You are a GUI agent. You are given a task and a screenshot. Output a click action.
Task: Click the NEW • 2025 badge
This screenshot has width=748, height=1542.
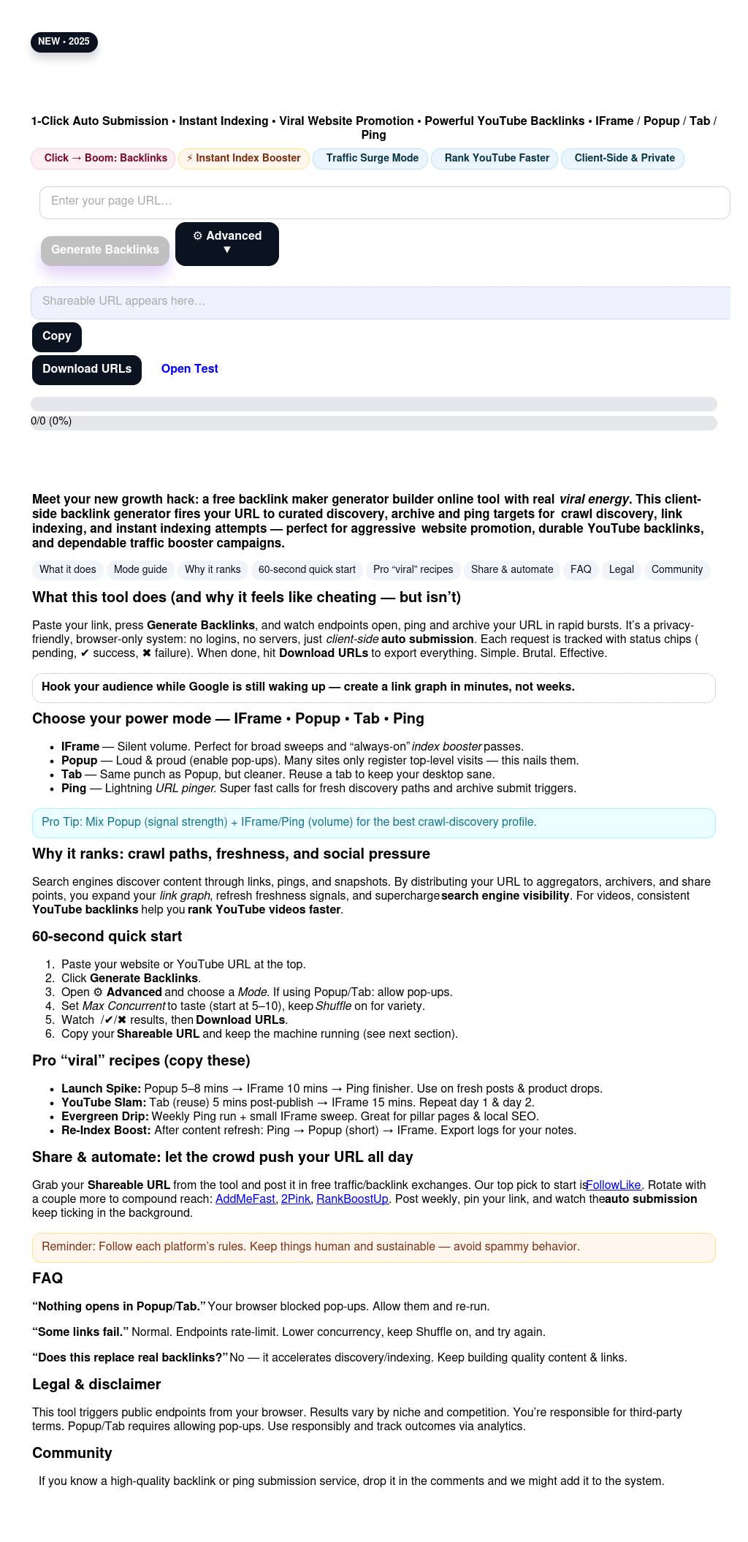click(x=64, y=42)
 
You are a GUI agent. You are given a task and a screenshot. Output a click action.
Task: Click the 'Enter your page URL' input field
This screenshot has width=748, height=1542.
click(x=384, y=202)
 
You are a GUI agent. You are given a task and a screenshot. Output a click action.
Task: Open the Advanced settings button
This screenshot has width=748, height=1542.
click(x=226, y=243)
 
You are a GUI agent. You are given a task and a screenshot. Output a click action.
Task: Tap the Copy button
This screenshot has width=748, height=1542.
click(x=57, y=336)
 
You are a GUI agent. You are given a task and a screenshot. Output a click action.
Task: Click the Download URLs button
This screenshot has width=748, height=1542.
click(x=87, y=369)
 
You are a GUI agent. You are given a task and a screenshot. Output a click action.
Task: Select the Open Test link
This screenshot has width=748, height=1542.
click(x=189, y=369)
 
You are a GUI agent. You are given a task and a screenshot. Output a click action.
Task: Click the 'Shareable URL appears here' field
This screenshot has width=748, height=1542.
click(x=380, y=302)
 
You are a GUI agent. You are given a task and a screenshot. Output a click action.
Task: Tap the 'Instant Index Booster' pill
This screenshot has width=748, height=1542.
click(x=243, y=159)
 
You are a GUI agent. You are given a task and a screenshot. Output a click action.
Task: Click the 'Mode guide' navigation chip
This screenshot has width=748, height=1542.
click(x=140, y=570)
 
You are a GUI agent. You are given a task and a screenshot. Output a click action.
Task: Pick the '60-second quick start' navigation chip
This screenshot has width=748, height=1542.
click(x=307, y=570)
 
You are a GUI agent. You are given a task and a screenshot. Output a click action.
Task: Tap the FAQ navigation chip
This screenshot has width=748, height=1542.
click(x=581, y=570)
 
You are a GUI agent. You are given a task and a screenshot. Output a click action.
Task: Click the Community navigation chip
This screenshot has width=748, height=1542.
click(x=676, y=570)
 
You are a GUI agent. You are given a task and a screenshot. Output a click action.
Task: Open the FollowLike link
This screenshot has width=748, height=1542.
click(x=614, y=1185)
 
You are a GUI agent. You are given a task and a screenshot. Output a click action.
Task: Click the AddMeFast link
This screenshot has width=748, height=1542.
click(x=245, y=1199)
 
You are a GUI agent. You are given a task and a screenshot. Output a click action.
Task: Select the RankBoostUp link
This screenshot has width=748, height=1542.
click(x=352, y=1199)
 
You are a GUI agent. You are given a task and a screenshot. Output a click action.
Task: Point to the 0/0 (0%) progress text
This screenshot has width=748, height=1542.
click(x=51, y=422)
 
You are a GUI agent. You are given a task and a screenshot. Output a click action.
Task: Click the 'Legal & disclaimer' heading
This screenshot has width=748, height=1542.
click(x=96, y=1385)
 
